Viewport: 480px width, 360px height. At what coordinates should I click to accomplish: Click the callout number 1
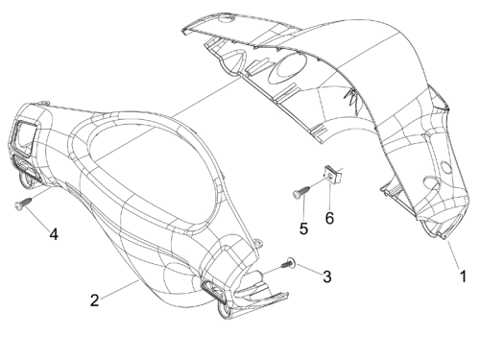(463, 276)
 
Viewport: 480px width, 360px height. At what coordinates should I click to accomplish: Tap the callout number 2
(94, 300)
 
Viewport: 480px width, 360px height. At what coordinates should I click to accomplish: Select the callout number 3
(326, 276)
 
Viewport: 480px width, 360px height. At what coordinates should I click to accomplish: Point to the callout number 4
(54, 234)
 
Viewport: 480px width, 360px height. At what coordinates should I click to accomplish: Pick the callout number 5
(303, 228)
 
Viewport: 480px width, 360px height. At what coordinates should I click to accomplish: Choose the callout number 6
(329, 218)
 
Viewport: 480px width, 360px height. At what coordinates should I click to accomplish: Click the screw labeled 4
(23, 204)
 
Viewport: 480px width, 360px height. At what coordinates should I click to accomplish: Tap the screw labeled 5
(301, 191)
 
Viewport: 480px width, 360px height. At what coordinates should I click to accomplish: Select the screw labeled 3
(288, 264)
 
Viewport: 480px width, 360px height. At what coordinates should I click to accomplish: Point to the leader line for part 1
(453, 254)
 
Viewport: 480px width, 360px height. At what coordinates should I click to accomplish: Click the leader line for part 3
(309, 269)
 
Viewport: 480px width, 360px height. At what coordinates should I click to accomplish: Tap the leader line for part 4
(36, 217)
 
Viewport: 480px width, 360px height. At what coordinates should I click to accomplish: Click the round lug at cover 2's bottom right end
(223, 309)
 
